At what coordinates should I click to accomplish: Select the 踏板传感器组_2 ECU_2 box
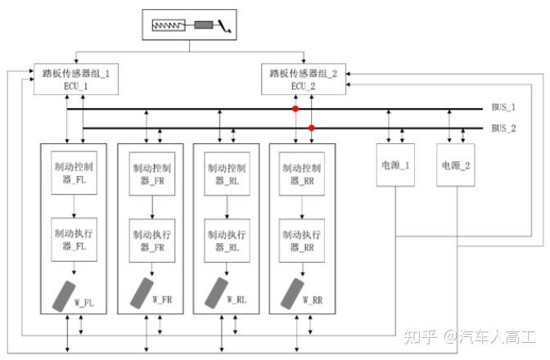click(x=304, y=79)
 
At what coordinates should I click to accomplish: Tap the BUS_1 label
click(x=503, y=108)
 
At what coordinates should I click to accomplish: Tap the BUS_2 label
click(x=503, y=128)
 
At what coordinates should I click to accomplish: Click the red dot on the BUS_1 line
click(x=296, y=108)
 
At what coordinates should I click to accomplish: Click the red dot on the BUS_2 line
click(x=311, y=128)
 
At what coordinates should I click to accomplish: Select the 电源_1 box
click(x=395, y=165)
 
